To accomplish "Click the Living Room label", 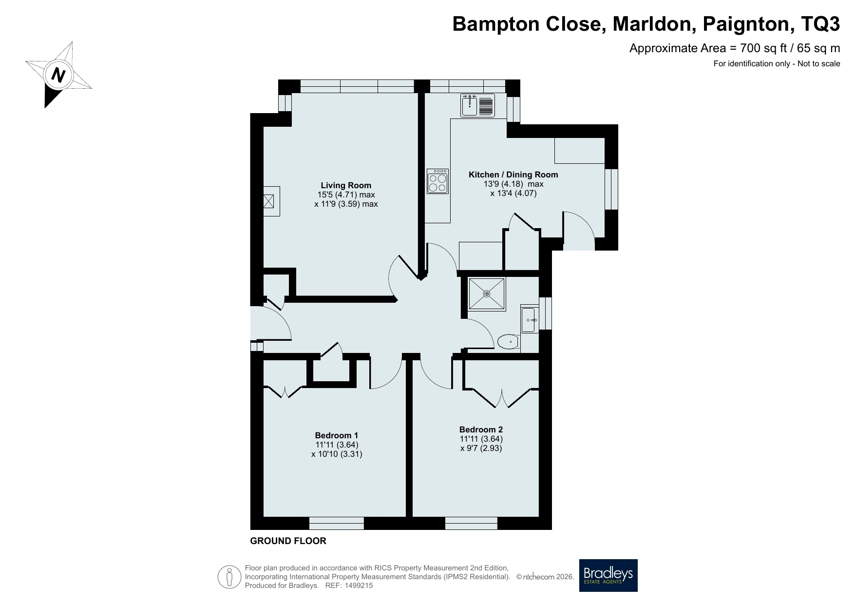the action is point(346,185).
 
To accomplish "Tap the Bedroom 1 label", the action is point(337,435).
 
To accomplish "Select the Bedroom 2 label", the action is point(481,429).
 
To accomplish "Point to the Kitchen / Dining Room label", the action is point(513,175).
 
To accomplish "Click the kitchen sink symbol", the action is point(478,106).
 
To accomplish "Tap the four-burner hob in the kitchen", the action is point(437,181).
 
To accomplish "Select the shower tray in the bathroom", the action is point(487,293).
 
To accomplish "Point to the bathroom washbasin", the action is point(529,320).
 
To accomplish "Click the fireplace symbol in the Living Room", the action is point(268,201).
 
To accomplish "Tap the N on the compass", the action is point(59,76).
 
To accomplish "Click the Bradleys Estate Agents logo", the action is point(608,575).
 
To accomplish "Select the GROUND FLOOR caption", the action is point(288,541).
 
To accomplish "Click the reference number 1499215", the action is point(359,585).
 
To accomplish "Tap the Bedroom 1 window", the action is point(337,523).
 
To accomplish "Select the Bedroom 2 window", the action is point(471,523).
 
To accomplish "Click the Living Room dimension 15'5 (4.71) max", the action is point(346,195).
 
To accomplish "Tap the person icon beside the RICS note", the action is point(229,577).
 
